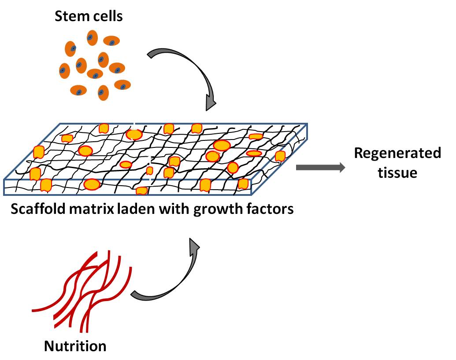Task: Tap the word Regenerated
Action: click(x=397, y=153)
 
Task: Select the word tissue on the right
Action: click(x=397, y=173)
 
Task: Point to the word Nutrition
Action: click(x=75, y=346)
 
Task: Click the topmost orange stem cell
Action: click(x=92, y=38)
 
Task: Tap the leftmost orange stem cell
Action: click(x=64, y=70)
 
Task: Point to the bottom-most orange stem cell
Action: click(x=103, y=92)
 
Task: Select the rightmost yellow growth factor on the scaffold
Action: click(x=280, y=156)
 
